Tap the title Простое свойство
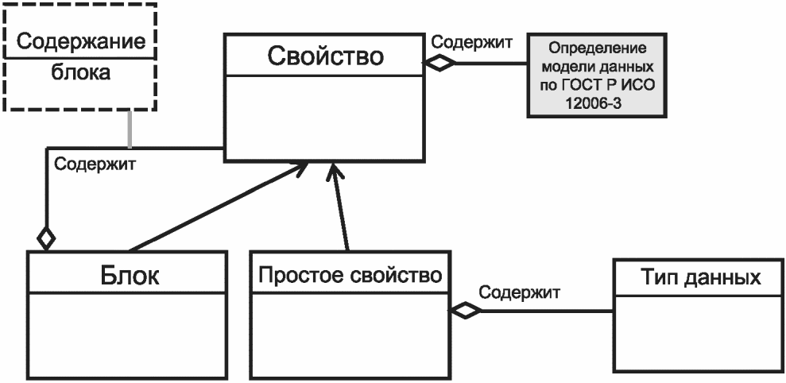350,275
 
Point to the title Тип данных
701,277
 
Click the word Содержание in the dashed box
81,41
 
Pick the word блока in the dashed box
81,73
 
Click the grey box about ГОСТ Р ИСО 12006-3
597,75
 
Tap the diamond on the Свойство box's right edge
439,63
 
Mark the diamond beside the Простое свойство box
465,311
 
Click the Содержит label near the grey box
472,41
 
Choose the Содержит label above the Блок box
95,164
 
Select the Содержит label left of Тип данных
519,292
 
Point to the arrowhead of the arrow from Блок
299,168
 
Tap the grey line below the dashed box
130,129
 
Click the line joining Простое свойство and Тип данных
547,311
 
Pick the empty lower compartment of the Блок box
127,335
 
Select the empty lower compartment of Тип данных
697,333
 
